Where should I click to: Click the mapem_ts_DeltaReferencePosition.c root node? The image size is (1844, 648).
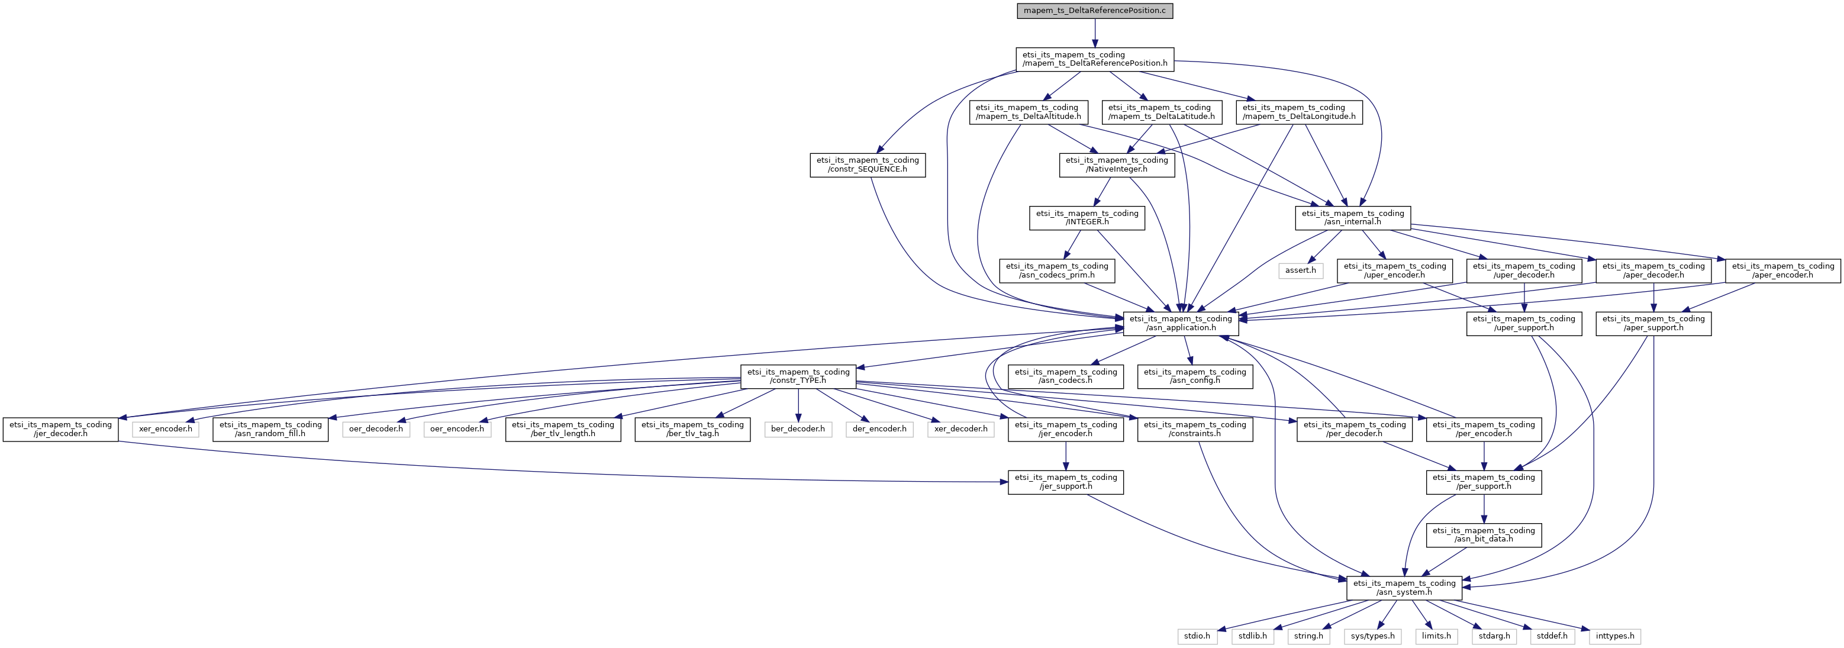pos(1095,11)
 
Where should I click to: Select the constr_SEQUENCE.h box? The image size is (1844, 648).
pos(868,165)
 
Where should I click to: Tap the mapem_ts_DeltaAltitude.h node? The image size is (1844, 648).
pos(1028,112)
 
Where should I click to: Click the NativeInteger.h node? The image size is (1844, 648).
pos(1117,165)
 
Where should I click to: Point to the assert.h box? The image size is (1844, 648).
pos(1300,270)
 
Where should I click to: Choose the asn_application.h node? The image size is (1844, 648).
pos(1181,324)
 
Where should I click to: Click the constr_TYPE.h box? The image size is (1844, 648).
pos(798,376)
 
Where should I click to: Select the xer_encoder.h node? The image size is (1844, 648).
pos(165,430)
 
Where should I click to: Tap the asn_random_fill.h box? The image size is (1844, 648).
pos(270,430)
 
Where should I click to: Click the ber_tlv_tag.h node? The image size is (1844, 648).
pos(693,430)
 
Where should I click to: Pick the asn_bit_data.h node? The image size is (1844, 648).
pos(1484,536)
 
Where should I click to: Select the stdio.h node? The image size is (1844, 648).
pos(1197,636)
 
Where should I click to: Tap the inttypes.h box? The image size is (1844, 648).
pos(1615,636)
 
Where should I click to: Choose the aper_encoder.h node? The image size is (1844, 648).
pos(1783,270)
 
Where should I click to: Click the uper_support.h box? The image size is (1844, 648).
pos(1524,324)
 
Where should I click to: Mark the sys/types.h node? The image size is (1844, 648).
pos(1372,636)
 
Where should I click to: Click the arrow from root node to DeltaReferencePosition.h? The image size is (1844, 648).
pos(1095,34)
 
